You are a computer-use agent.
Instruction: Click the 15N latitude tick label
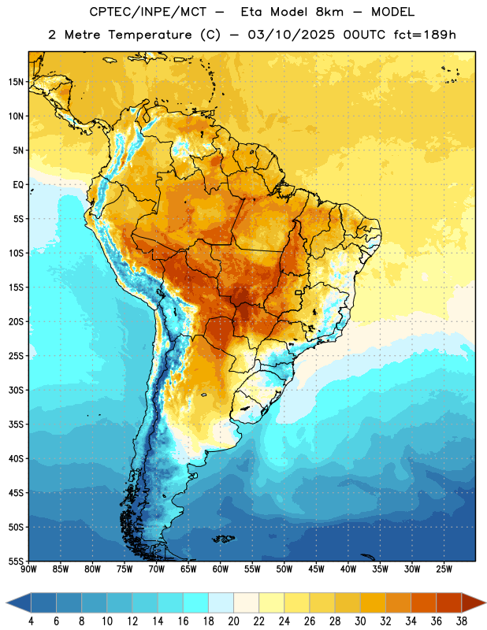(16, 82)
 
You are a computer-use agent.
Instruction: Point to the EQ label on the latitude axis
(18, 185)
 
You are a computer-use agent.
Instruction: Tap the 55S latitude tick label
(16, 561)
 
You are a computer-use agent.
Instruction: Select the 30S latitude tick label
(16, 390)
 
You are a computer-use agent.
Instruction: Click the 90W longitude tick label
(28, 569)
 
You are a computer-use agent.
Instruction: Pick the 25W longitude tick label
(444, 569)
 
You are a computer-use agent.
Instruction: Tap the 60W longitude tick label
(221, 569)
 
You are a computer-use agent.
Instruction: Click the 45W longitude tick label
(317, 569)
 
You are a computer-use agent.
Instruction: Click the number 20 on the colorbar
(233, 621)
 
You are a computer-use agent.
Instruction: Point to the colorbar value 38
(462, 621)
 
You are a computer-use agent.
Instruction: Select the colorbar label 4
(31, 621)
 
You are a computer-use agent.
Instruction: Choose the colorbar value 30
(360, 621)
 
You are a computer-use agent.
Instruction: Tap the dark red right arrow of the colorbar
(473, 602)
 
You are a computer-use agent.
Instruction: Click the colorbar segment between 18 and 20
(221, 602)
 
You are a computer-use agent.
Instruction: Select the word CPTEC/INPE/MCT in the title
(147, 12)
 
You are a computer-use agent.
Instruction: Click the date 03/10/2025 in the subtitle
(291, 35)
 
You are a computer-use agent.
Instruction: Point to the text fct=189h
(425, 35)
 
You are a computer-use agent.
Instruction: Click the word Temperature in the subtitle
(150, 35)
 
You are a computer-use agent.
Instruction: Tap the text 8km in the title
(329, 12)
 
